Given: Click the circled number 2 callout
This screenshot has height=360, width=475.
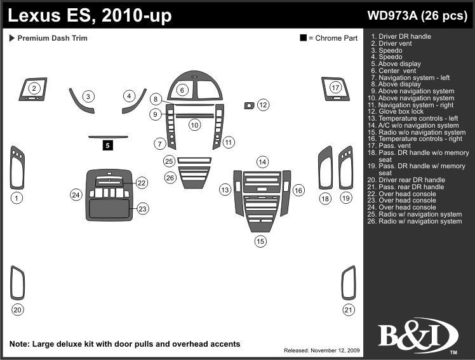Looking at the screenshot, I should click(x=35, y=88).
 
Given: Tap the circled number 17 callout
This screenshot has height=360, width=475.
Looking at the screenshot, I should click(x=336, y=87).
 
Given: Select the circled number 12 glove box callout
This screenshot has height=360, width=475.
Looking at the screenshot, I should click(x=263, y=104).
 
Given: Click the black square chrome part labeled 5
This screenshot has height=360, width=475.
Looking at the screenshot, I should click(x=108, y=145).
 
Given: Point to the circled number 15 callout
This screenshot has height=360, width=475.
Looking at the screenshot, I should click(x=260, y=241).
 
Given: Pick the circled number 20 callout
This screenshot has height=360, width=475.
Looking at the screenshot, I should click(x=18, y=310).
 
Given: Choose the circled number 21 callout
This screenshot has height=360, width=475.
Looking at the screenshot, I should click(x=348, y=310).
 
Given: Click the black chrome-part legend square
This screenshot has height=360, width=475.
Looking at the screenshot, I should click(x=304, y=38).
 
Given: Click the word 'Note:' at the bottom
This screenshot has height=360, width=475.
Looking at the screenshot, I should click(x=20, y=344).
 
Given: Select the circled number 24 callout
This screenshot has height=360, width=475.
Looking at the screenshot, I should click(x=76, y=194).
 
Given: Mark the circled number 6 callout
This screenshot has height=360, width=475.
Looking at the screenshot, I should click(x=182, y=90).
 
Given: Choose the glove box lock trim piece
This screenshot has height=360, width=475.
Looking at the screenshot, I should click(x=249, y=104).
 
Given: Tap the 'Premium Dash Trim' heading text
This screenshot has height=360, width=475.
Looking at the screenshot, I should click(x=52, y=38).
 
